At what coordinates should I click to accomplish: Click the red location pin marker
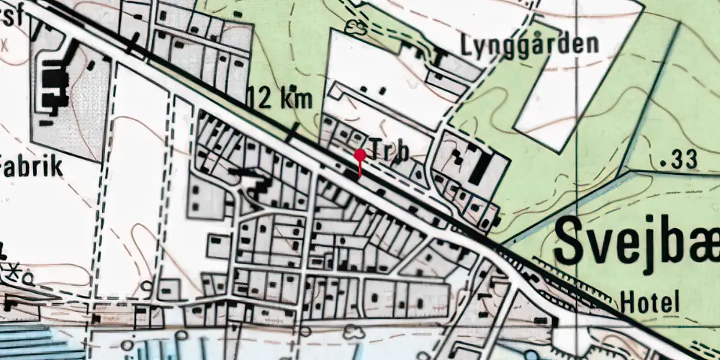(x=359, y=155)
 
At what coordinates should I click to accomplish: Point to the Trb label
(x=389, y=152)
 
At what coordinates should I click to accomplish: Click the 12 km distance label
(x=280, y=97)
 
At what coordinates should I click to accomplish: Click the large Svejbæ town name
(x=637, y=241)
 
